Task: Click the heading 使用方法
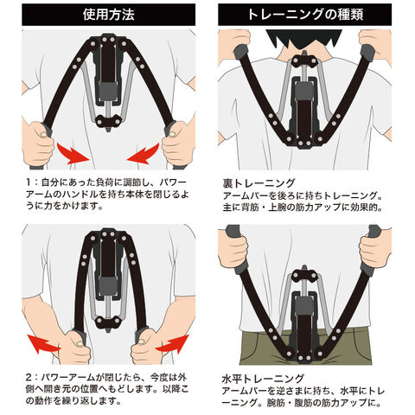pyautogui.click(x=109, y=15)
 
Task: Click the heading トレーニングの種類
pyautogui.click(x=305, y=15)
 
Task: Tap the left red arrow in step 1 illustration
pyautogui.click(x=73, y=154)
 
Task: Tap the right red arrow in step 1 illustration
pyautogui.click(x=143, y=154)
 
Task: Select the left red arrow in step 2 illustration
pyautogui.click(x=43, y=343)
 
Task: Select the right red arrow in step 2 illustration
pyautogui.click(x=172, y=343)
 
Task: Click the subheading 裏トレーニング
pyautogui.click(x=259, y=183)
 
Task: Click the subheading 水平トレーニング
pyautogui.click(x=263, y=379)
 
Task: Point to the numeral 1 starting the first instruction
pyautogui.click(x=29, y=182)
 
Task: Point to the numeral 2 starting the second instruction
pyautogui.click(x=29, y=377)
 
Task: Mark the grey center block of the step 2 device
pyautogui.click(x=108, y=286)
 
